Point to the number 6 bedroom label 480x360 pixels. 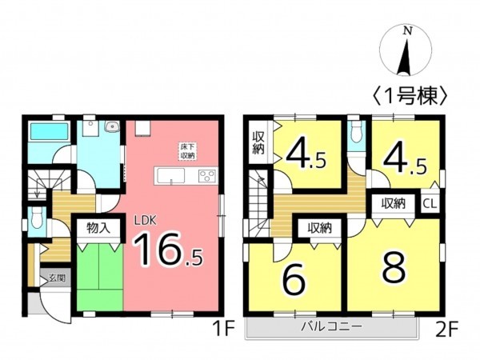[x=294, y=280]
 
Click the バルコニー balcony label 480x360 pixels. [x=331, y=326]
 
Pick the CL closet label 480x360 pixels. [x=429, y=203]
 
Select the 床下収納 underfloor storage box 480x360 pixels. [x=187, y=152]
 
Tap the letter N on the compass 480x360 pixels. [x=408, y=31]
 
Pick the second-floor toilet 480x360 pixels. [x=356, y=134]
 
